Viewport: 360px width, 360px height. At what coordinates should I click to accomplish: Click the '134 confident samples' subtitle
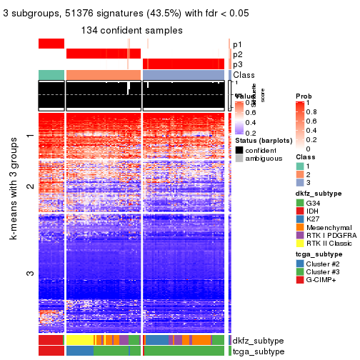click(131, 30)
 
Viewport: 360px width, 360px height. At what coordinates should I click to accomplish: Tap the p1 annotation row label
click(237, 44)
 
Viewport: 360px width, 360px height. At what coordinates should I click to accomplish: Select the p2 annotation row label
click(237, 54)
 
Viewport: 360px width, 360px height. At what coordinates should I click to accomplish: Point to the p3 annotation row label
click(237, 64)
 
